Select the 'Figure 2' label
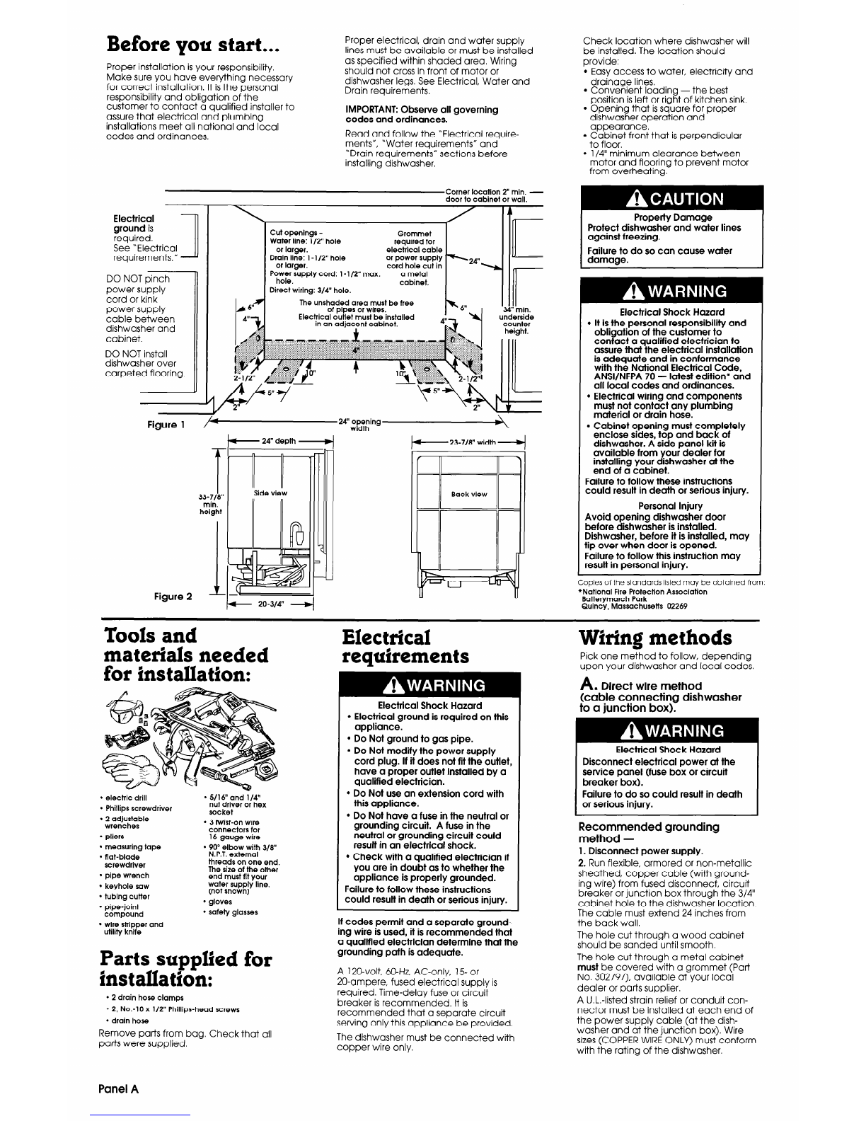pyautogui.click(x=174, y=595)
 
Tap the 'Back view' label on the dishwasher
pyautogui.click(x=469, y=494)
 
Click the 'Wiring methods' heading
pyautogui.click(x=655, y=638)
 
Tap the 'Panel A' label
pyautogui.click(x=117, y=1089)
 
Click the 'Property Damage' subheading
pyautogui.click(x=672, y=217)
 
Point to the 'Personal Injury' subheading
pyautogui.click(x=670, y=506)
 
